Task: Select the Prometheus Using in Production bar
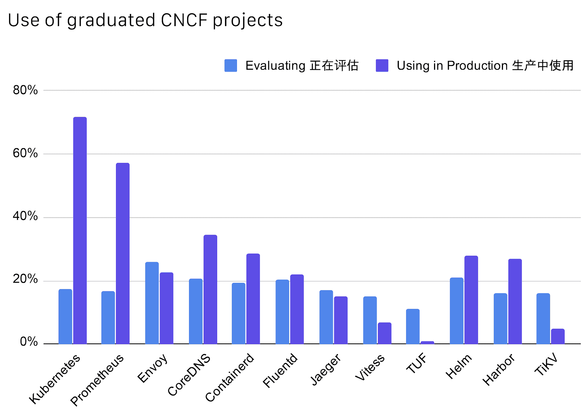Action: [x=123, y=253]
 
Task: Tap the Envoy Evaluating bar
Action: [x=152, y=303]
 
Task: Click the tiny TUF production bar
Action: [x=427, y=342]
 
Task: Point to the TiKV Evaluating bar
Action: [x=543, y=318]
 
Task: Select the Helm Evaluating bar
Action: [x=456, y=311]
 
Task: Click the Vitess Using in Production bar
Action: [x=384, y=333]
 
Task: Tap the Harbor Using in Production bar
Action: [x=515, y=301]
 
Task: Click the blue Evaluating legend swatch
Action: [x=231, y=65]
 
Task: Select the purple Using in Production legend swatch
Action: [x=382, y=65]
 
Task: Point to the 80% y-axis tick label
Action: [x=25, y=90]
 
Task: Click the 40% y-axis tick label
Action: [x=25, y=216]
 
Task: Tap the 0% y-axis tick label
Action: [x=29, y=342]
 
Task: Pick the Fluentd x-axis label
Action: [x=280, y=370]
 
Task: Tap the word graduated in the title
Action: [x=111, y=21]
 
